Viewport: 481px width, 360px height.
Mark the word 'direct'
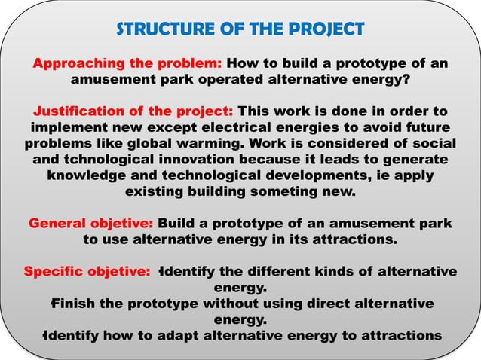tap(329, 304)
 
